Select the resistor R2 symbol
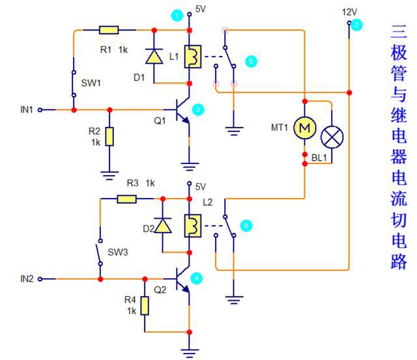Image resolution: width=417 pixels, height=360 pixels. pyautogui.click(x=109, y=137)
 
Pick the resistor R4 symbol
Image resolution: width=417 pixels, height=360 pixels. pyautogui.click(x=144, y=305)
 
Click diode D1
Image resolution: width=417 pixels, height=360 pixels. pyautogui.click(x=154, y=57)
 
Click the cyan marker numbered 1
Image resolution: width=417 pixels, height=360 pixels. pyautogui.click(x=175, y=14)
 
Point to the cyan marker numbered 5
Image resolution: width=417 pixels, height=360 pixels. pyautogui.click(x=252, y=61)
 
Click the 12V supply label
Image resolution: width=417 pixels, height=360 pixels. pyautogui.click(x=349, y=12)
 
